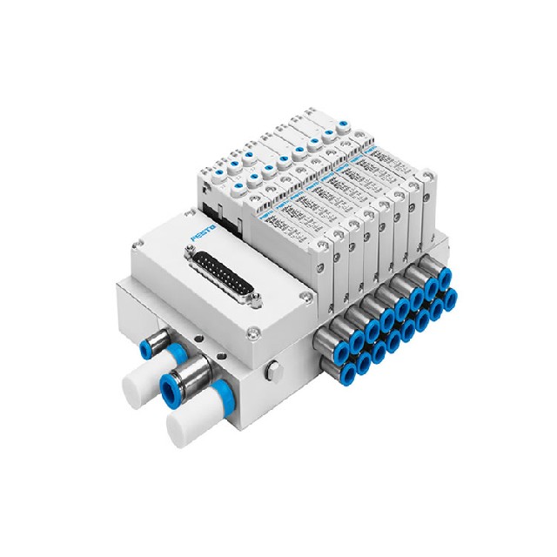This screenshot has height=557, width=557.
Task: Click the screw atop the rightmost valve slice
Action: [x=426, y=177]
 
